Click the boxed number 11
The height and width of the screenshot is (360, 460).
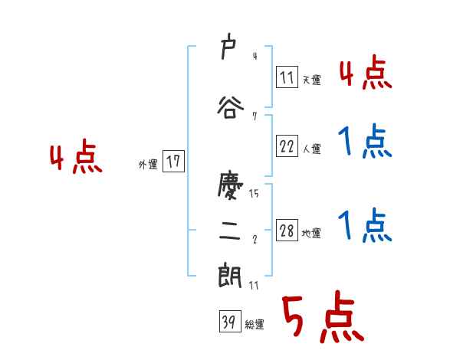coord(287,77)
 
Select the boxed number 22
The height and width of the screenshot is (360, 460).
coord(287,147)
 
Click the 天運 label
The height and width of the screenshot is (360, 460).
coord(311,80)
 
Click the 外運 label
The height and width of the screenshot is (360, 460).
coord(148,164)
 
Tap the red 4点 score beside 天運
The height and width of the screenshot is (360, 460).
coord(366,74)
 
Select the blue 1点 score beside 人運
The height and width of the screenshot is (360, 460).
coord(366,142)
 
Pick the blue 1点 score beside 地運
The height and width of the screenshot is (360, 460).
coord(366,226)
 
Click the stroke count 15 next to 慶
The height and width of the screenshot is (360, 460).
coord(254,194)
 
